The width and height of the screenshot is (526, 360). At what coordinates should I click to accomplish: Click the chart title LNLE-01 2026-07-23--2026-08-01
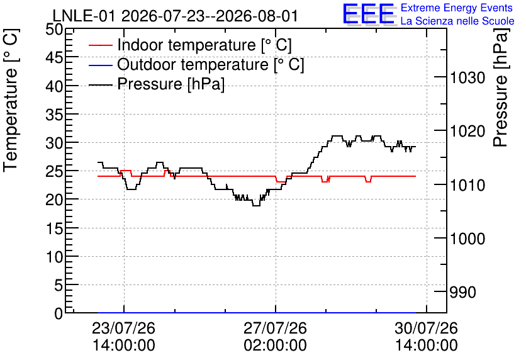tap(175, 16)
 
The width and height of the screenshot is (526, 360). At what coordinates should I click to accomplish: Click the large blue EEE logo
tap(369, 14)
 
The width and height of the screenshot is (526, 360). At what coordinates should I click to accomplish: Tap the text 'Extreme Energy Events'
tap(457, 8)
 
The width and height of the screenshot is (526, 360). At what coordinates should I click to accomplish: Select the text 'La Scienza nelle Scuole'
tap(457, 21)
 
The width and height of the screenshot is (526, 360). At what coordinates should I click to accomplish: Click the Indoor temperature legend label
tap(204, 45)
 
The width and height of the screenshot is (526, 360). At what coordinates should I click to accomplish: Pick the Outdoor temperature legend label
tap(211, 64)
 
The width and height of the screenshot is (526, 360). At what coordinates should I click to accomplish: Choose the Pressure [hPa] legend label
tap(171, 84)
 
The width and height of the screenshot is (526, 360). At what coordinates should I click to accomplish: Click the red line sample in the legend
tap(100, 45)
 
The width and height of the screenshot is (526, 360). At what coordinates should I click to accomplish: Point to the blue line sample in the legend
tap(100, 65)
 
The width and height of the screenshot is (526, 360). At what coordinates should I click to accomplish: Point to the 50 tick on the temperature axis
tap(54, 29)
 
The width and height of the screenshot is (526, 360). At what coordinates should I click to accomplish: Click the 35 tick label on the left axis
tap(54, 115)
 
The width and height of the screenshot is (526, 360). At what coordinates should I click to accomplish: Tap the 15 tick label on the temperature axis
tap(54, 228)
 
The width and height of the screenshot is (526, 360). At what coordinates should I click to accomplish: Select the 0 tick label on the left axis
tap(59, 313)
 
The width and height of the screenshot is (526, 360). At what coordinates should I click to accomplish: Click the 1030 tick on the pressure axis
tap(467, 78)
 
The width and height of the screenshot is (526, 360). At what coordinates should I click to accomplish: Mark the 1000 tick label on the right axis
tap(467, 239)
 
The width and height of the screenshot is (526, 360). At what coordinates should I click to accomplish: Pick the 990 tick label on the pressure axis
tap(462, 292)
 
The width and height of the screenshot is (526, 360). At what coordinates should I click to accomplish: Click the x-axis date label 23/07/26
tap(124, 328)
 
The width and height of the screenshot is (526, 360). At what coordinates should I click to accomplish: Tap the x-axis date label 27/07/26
tap(275, 328)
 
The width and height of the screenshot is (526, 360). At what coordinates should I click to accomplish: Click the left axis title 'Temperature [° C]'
tap(11, 100)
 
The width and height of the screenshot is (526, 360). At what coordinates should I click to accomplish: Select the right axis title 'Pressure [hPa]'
tap(501, 87)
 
